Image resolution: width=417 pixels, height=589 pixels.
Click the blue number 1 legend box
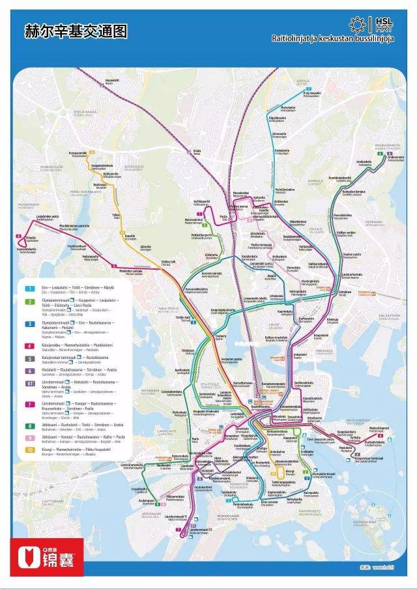[x=29, y=287]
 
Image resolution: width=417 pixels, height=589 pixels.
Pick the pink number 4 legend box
[x=29, y=345]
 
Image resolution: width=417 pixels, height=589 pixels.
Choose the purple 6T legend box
[x=29, y=384]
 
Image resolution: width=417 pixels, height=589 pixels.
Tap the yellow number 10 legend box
[x=29, y=449]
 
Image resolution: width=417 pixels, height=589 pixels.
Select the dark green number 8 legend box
[x=29, y=425]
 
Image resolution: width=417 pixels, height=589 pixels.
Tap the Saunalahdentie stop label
[x=27, y=250]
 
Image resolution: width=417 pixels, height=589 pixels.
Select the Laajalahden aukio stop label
[x=48, y=217]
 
